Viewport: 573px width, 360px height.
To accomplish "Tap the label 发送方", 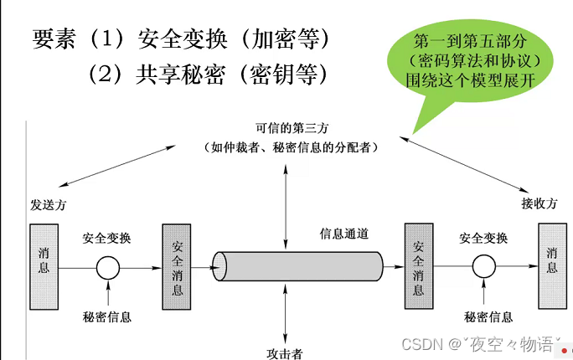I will [48, 203].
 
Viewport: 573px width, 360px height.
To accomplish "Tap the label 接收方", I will [539, 203].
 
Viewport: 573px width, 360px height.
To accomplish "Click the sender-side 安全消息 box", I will [177, 268].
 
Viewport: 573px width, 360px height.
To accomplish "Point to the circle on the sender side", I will [107, 269].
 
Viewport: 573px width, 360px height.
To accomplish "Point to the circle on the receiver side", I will [483, 267].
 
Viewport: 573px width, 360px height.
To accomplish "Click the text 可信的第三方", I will [287, 129].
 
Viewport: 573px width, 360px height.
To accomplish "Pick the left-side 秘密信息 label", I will [107, 316].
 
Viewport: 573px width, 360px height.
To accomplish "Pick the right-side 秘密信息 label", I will [488, 316].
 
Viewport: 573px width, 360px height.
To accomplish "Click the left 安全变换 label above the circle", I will [107, 238].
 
